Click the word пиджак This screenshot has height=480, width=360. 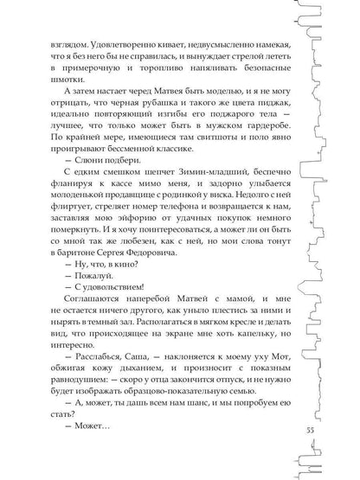click(268, 129)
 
